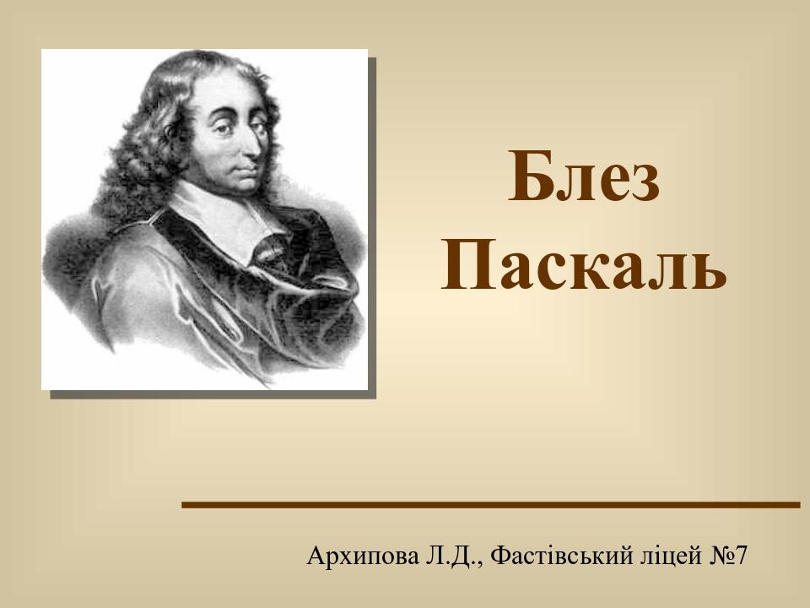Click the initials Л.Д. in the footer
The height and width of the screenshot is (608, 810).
click(452, 556)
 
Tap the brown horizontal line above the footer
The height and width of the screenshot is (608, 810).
click(490, 505)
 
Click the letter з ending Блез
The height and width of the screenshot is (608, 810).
click(644, 183)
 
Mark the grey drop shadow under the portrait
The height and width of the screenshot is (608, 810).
click(211, 394)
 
